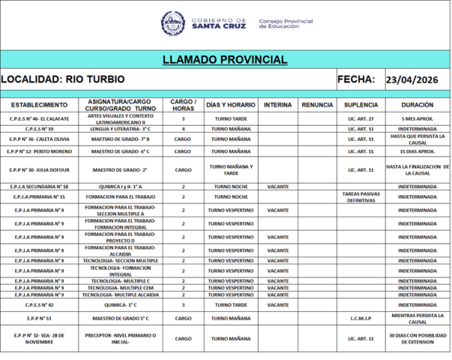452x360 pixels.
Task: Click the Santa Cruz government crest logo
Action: (173, 23)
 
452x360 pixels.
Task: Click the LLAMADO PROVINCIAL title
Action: (225, 60)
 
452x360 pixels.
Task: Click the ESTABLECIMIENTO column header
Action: (39, 105)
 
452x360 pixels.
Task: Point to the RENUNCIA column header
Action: (317, 105)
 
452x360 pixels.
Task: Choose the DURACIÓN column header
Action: (418, 105)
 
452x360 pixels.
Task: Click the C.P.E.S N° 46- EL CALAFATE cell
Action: (39, 119)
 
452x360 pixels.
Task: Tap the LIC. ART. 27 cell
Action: (361, 119)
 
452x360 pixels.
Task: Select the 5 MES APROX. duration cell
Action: (418, 119)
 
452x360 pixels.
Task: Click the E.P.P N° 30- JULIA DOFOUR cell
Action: (39, 169)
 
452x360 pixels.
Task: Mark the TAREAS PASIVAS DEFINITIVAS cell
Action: (361, 196)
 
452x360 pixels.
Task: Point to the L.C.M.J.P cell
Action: (361, 318)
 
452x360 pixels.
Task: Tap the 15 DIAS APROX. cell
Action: (418, 151)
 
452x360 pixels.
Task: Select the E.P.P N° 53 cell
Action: (39, 318)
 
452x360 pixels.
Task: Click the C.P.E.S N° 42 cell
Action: (39, 305)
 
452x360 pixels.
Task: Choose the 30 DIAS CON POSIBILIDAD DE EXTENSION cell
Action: (418, 338)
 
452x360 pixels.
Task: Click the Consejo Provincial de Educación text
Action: (286, 24)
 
